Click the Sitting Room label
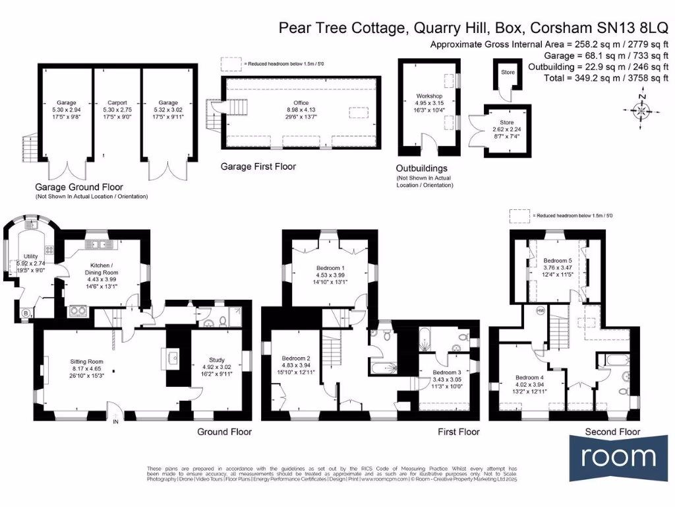(x=88, y=361)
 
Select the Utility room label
(x=31, y=256)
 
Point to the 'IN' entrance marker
(x=116, y=421)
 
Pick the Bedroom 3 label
(x=447, y=372)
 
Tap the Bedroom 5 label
(x=557, y=261)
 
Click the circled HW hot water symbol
(x=541, y=310)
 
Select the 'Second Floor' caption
(x=612, y=432)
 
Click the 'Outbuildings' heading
(x=421, y=168)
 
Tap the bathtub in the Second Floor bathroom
(x=612, y=360)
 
